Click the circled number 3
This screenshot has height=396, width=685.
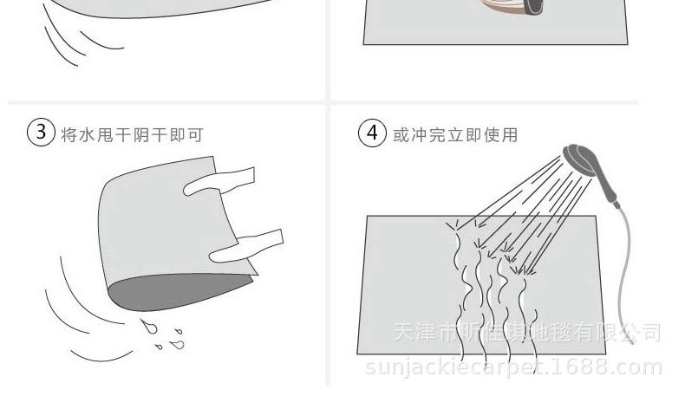click(41, 134)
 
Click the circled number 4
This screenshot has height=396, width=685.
click(372, 134)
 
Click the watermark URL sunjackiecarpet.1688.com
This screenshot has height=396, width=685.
click(513, 367)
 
